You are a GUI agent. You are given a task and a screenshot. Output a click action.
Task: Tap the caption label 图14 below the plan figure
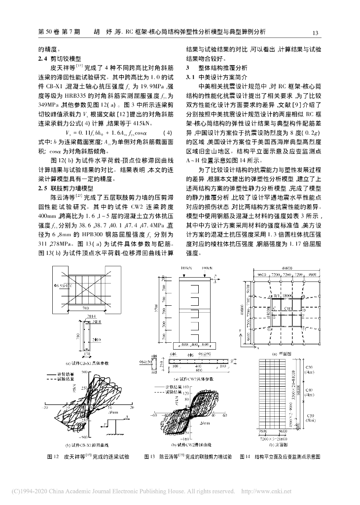tap(245, 457)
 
